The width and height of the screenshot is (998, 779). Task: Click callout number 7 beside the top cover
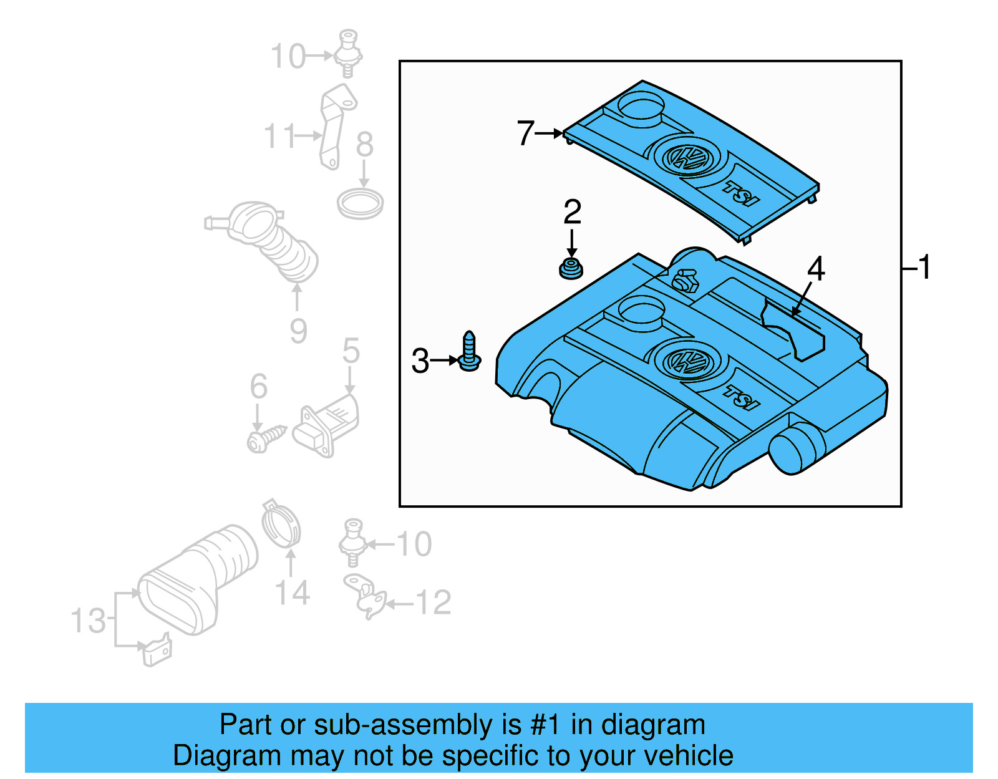click(x=525, y=133)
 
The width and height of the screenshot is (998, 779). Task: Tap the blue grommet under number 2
click(x=570, y=269)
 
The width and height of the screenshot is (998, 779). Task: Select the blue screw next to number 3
click(x=469, y=353)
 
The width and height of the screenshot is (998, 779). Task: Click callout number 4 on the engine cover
click(x=816, y=269)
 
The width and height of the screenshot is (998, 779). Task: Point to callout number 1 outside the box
click(x=924, y=267)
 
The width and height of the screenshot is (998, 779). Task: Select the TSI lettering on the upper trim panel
click(x=742, y=193)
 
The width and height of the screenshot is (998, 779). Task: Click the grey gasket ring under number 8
click(x=360, y=204)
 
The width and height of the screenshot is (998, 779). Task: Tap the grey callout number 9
click(x=298, y=331)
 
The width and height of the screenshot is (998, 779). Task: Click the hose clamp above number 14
click(x=281, y=525)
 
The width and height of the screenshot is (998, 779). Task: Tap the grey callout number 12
click(x=434, y=602)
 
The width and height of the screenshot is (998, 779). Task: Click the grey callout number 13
click(x=88, y=621)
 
